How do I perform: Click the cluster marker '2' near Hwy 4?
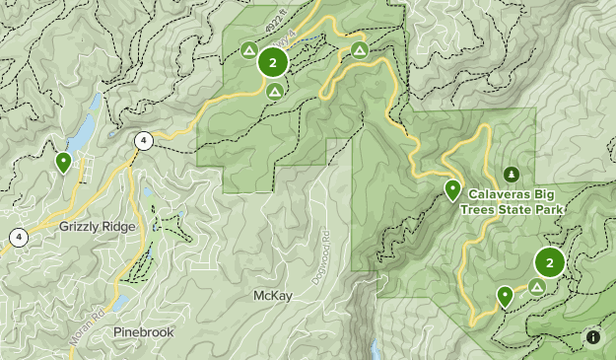point(273,63)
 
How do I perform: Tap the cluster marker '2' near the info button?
point(549,262)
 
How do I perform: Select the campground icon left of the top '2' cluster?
point(248,49)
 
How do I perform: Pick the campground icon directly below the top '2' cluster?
point(275,92)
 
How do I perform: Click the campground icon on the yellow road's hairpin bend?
point(360,50)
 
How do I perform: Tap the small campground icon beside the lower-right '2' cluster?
point(536,286)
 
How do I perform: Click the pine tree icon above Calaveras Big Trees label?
point(511,174)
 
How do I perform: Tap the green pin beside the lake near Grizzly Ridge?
point(64,161)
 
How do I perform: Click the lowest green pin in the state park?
point(505,295)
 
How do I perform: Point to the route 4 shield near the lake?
point(144,141)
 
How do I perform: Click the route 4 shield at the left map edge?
point(18,237)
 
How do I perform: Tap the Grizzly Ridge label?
point(97,226)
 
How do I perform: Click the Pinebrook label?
point(143,331)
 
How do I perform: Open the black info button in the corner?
point(593,337)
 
